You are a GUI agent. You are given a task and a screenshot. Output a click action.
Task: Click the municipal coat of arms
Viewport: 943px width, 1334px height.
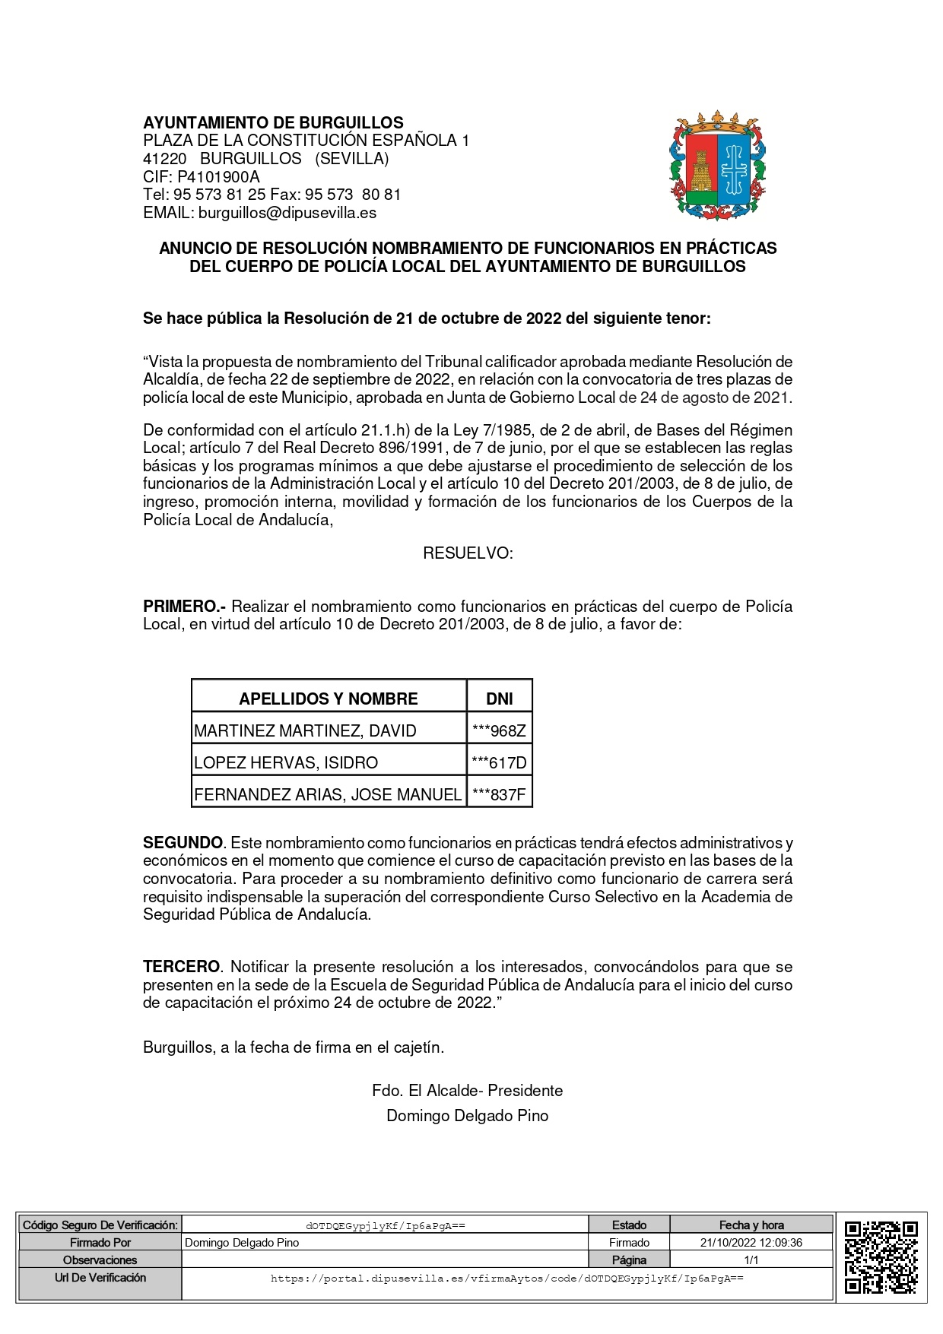717,166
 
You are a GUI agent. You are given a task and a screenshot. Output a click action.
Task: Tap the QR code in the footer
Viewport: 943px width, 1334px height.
881,1256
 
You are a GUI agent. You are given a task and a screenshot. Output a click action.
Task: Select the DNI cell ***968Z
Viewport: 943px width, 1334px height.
499,731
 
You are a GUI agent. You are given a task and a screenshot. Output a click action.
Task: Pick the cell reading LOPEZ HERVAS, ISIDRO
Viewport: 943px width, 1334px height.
286,763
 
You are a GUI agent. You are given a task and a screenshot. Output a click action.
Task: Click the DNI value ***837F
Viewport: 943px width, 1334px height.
499,795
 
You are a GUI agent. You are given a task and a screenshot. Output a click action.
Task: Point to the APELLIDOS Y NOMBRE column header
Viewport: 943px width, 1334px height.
329,699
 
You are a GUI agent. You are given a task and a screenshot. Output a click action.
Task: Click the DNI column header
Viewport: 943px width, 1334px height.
500,699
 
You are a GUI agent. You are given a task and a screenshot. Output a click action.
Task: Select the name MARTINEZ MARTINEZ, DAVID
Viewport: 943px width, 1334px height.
305,731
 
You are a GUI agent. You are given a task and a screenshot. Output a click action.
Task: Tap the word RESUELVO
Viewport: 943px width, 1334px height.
468,553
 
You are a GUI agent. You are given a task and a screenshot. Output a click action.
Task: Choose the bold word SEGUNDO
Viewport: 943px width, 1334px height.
183,843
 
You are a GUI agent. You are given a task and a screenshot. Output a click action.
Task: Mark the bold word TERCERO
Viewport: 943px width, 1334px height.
181,967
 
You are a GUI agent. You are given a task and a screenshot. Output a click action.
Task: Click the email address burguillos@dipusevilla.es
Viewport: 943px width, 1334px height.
287,213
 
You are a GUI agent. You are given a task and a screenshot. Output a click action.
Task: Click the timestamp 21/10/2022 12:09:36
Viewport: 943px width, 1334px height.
751,1243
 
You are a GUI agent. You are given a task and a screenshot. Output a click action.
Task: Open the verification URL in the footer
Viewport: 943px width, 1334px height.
506,1279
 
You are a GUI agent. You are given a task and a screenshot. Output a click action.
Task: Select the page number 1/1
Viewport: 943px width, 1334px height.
751,1260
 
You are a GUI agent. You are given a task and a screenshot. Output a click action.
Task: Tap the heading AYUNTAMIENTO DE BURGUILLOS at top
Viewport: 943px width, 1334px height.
273,123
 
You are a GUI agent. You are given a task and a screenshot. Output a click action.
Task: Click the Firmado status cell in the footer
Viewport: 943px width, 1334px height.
629,1243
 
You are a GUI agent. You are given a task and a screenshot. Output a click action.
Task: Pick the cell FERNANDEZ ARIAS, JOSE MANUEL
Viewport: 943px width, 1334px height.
328,795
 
